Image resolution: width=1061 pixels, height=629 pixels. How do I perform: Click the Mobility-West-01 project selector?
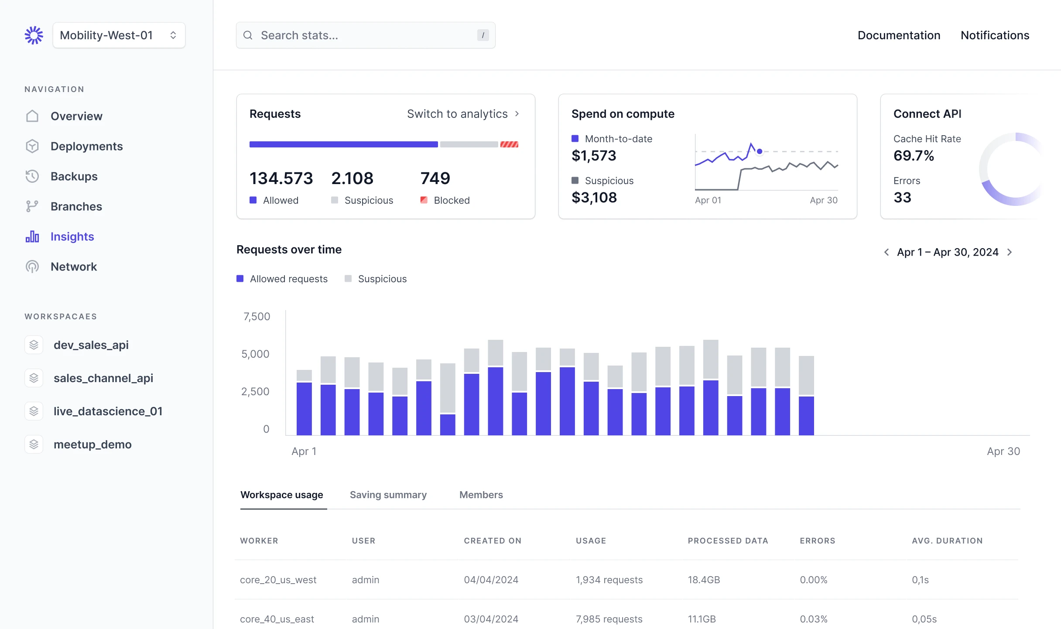coord(119,35)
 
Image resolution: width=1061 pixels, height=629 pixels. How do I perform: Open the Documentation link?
coord(899,35)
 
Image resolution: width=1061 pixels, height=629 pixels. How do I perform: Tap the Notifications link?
coord(995,35)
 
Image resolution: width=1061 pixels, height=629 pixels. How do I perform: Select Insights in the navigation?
coord(72,236)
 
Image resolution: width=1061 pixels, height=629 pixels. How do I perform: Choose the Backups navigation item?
coord(74,176)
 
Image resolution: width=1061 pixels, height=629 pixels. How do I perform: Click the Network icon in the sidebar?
coord(32,267)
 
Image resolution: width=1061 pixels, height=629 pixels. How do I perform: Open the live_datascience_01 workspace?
coord(108,411)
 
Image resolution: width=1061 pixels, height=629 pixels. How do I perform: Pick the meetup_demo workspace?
coord(92,444)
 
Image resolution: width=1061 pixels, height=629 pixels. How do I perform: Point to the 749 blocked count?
coord(435,178)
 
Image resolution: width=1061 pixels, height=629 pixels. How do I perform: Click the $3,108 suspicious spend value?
coord(594,198)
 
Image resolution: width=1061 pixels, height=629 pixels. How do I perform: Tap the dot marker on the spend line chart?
coord(760,151)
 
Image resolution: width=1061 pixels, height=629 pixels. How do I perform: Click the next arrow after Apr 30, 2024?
coord(1010,252)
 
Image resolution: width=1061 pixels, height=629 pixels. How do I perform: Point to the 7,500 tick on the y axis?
coord(257,316)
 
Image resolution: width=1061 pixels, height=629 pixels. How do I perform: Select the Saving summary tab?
coord(388,495)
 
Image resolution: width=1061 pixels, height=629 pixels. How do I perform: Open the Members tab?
coord(481,495)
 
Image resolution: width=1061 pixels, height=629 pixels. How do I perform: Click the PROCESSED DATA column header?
coord(728,540)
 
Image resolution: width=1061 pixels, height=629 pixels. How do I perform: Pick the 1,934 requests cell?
coord(609,580)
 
